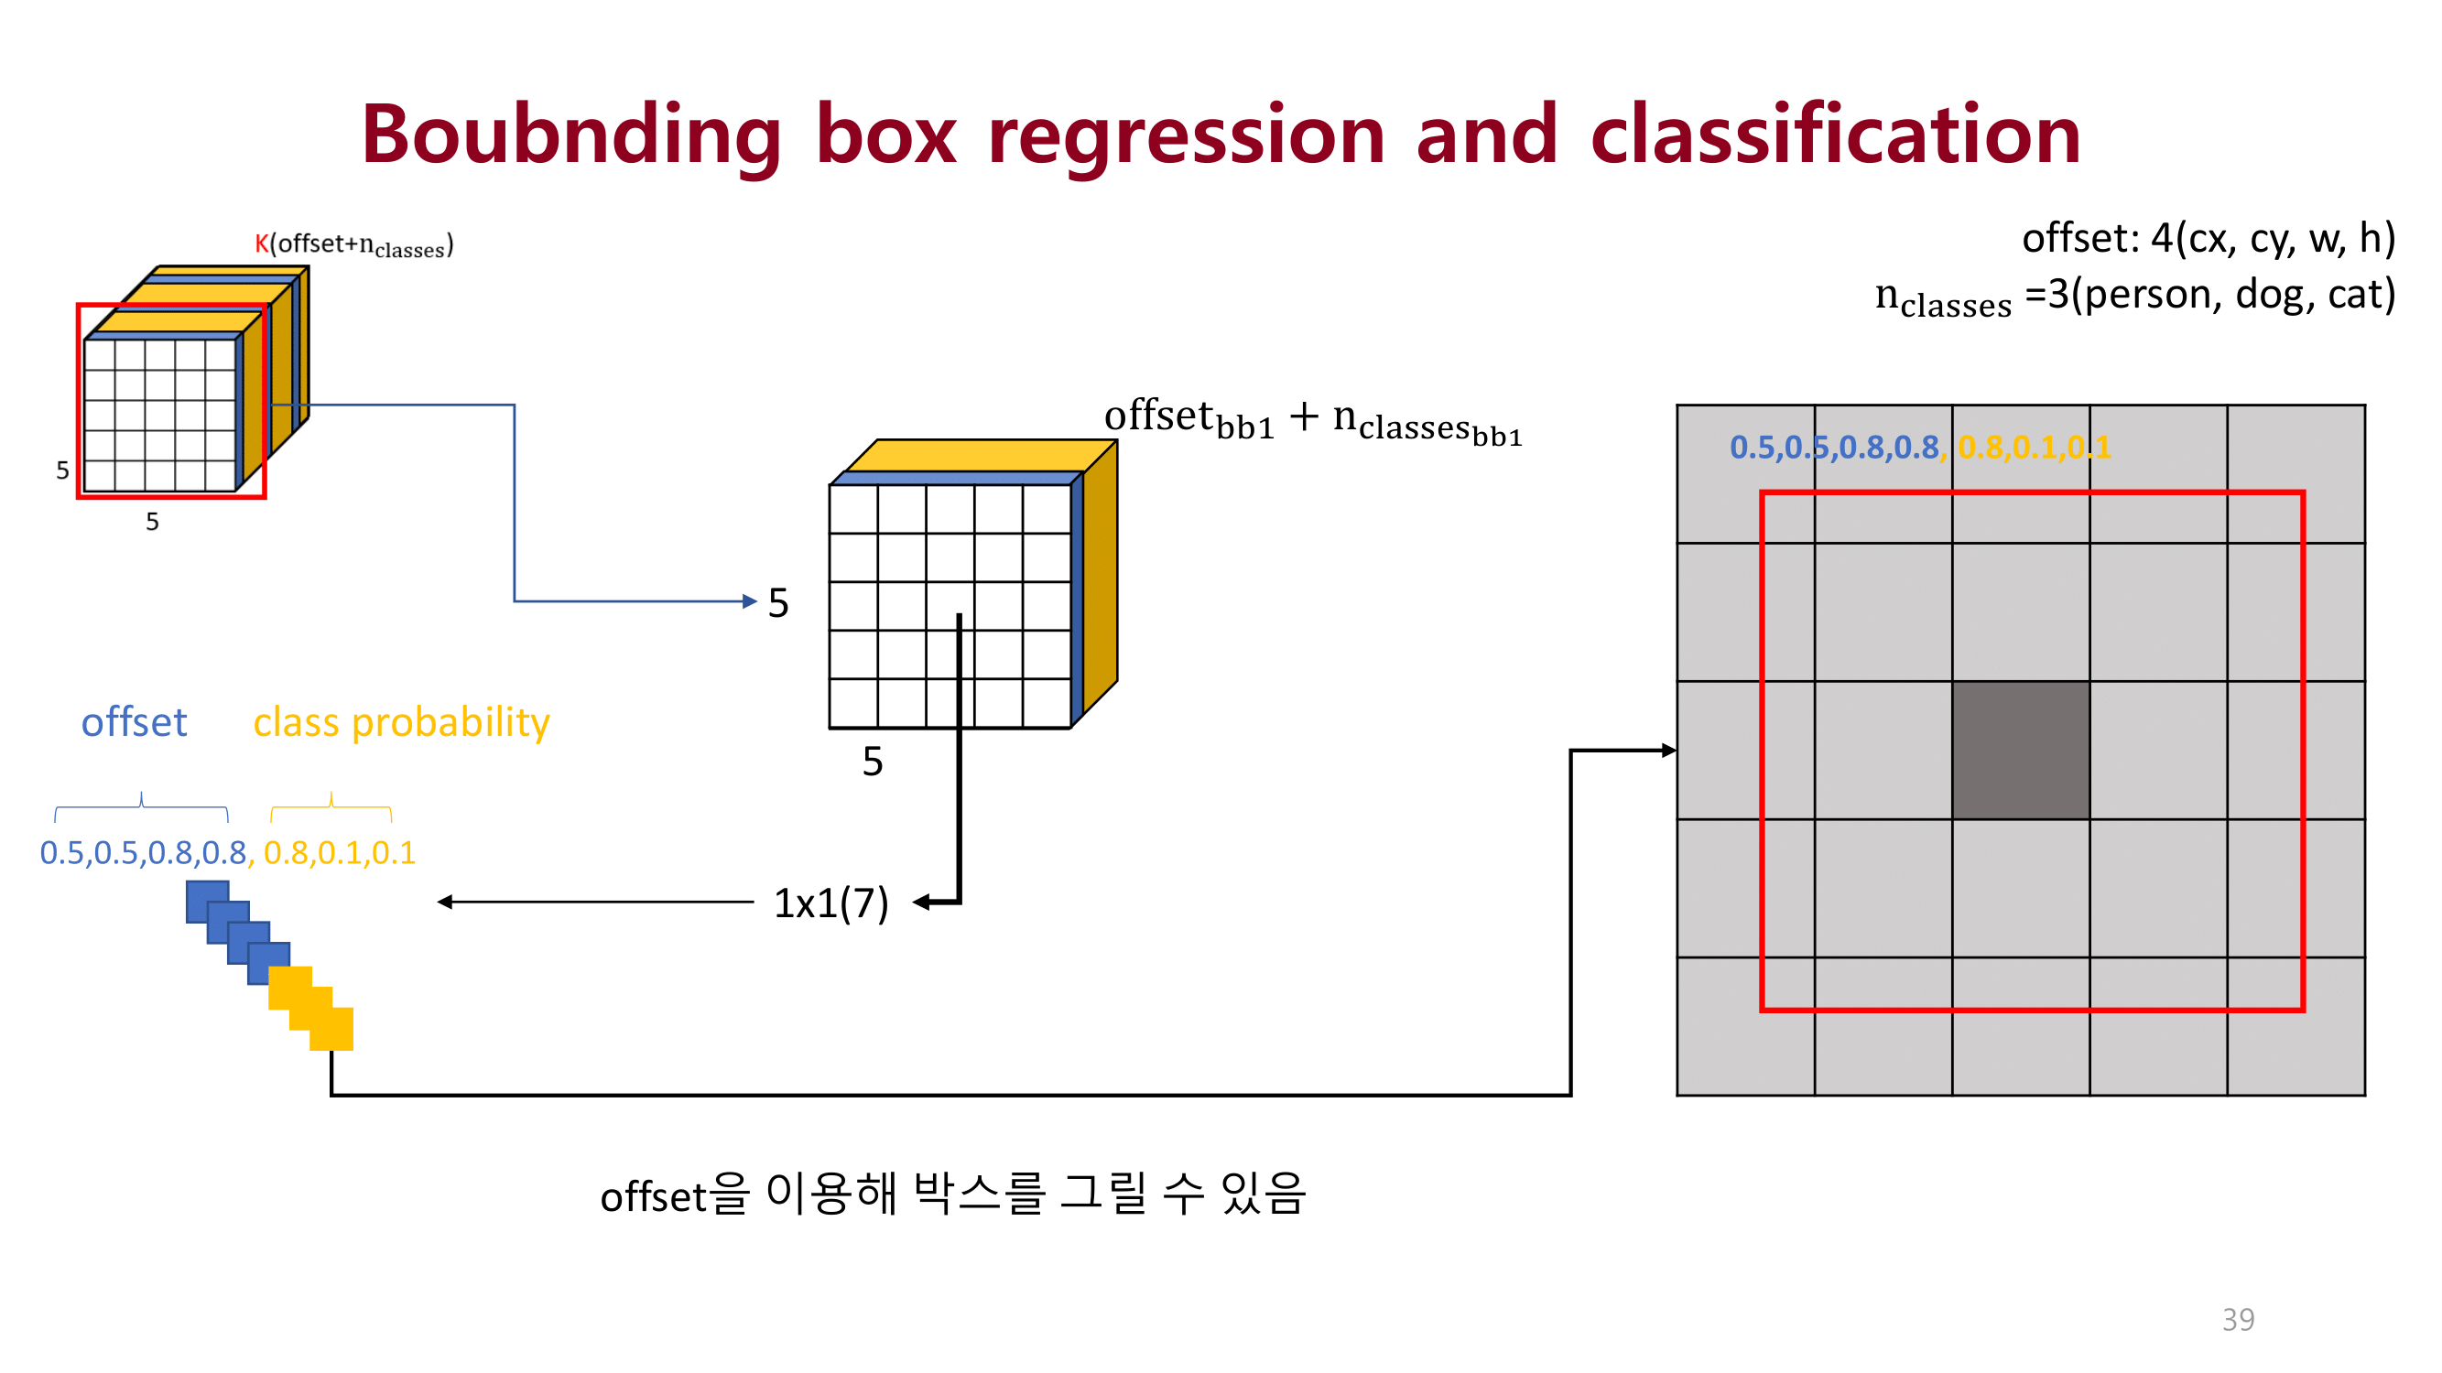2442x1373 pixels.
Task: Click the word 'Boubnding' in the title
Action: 570,135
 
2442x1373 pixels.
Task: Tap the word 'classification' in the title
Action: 1835,135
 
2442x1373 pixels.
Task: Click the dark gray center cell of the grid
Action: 2020,750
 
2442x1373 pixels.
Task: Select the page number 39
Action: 2237,1319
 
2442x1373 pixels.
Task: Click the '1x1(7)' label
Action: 830,903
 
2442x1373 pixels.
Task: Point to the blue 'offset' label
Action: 134,722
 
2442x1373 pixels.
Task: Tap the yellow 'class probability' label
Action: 401,722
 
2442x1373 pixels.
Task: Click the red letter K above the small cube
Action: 262,243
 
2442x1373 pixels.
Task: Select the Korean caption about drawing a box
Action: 953,1194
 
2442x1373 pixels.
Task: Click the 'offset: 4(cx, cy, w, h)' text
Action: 2208,238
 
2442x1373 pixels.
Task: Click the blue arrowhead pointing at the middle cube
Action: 750,600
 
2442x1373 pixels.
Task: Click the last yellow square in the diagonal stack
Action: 331,1029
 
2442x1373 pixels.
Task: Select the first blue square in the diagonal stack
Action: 207,901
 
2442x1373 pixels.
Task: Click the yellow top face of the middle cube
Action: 976,455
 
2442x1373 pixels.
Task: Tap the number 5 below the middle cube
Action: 872,762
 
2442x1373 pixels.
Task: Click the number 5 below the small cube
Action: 152,521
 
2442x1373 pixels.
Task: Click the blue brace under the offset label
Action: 141,805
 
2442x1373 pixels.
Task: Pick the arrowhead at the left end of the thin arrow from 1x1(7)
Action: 445,903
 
